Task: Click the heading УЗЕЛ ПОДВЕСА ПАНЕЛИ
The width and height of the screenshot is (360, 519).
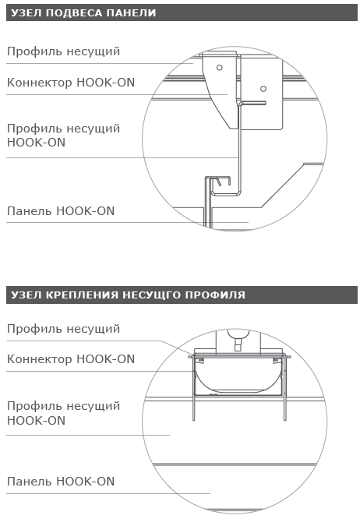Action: pyautogui.click(x=83, y=13)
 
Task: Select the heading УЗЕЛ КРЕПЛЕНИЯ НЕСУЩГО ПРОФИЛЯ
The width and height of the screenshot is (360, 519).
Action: pyautogui.click(x=129, y=295)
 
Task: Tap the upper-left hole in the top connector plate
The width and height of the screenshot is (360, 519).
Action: pyautogui.click(x=220, y=68)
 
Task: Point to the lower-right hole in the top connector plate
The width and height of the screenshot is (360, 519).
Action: pyautogui.click(x=263, y=89)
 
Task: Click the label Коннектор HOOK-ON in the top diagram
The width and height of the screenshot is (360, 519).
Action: pyautogui.click(x=71, y=82)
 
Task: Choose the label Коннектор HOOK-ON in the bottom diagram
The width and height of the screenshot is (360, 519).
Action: pyautogui.click(x=71, y=358)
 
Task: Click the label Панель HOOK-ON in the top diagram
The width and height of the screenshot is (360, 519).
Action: pyautogui.click(x=61, y=211)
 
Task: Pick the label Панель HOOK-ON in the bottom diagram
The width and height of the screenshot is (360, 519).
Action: pyautogui.click(x=61, y=482)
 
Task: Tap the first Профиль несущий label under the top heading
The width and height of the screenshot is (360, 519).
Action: pyautogui.click(x=63, y=51)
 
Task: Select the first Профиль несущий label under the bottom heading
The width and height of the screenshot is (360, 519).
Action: pyautogui.click(x=63, y=329)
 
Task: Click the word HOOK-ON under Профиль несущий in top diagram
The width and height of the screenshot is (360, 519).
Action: pyautogui.click(x=36, y=143)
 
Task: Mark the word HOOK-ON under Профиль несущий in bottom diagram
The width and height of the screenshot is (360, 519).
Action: pyautogui.click(x=36, y=420)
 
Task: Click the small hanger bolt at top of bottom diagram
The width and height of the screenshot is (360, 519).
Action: pyautogui.click(x=237, y=343)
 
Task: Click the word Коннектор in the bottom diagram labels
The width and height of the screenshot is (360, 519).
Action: pyautogui.click(x=40, y=358)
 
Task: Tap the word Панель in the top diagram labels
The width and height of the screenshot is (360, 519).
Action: pyautogui.click(x=30, y=211)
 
